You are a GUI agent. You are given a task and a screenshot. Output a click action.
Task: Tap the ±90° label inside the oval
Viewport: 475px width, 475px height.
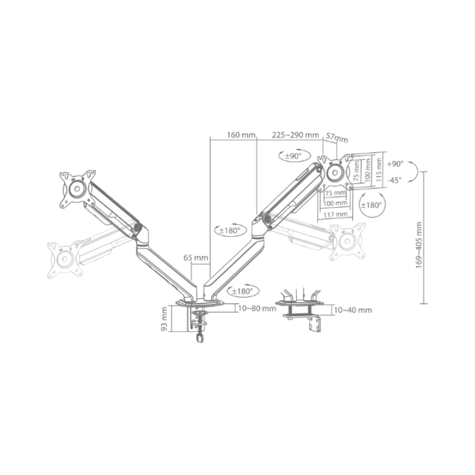(290, 156)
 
